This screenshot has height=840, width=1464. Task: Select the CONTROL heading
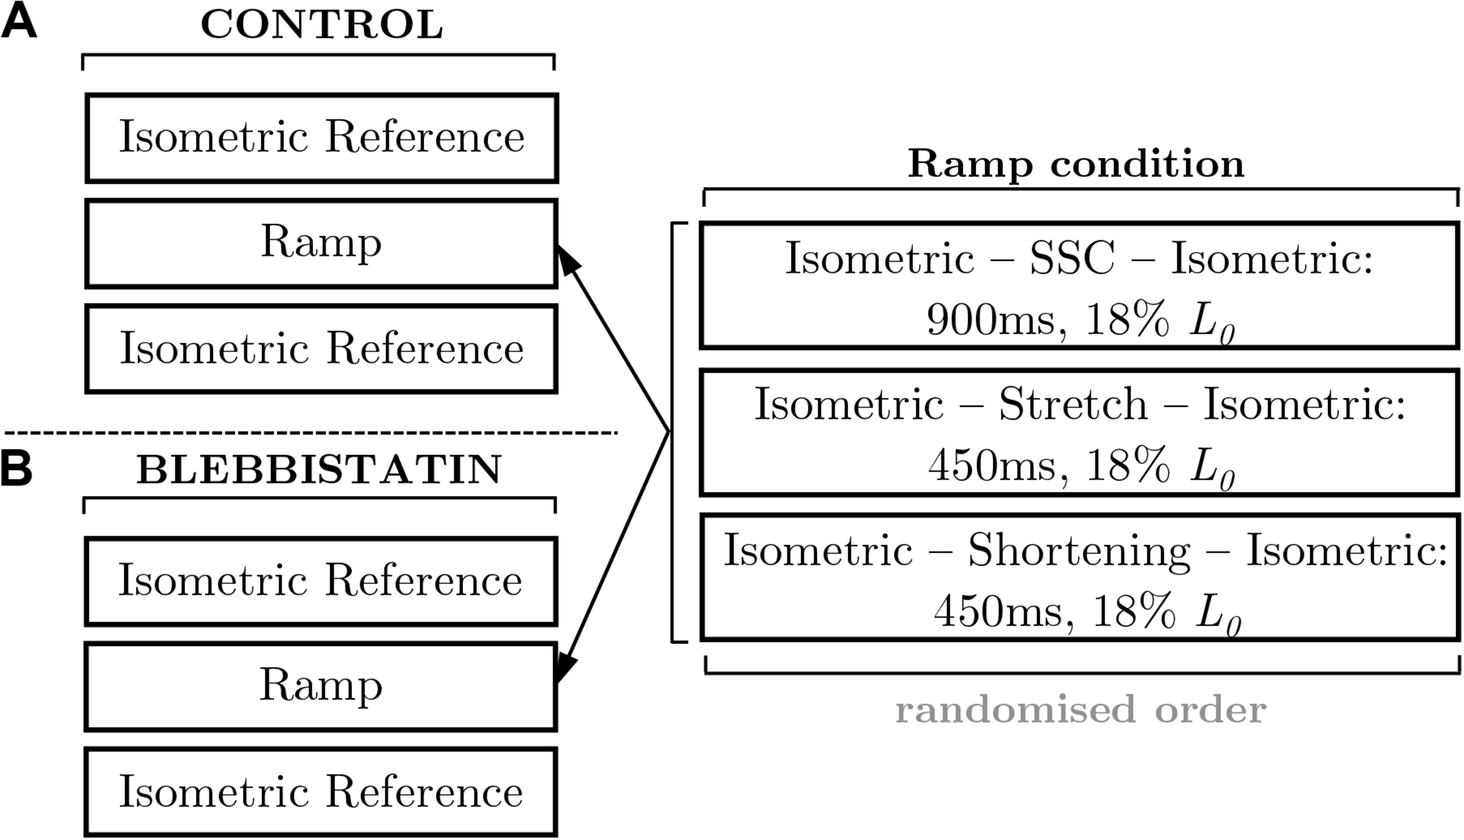(322, 25)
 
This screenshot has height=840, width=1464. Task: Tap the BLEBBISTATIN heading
(319, 470)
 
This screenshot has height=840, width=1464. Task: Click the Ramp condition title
(1076, 164)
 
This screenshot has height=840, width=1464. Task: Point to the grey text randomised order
(1080, 710)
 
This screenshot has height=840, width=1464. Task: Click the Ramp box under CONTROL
(322, 244)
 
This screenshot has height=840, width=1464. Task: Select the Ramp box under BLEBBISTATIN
(321, 686)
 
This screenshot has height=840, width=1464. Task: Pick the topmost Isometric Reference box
(322, 138)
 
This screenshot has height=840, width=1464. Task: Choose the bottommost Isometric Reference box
(321, 792)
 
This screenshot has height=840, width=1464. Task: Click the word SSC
(1072, 258)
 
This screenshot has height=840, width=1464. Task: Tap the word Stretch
(1072, 404)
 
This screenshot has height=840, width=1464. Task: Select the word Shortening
(1079, 551)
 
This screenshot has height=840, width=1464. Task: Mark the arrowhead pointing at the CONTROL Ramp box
(568, 260)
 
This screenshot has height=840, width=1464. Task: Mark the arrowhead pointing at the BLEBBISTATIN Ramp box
(566, 667)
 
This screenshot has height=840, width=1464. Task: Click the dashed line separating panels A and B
(310, 433)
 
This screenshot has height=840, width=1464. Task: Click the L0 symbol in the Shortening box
(1218, 615)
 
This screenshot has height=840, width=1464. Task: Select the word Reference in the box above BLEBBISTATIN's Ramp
(423, 581)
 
